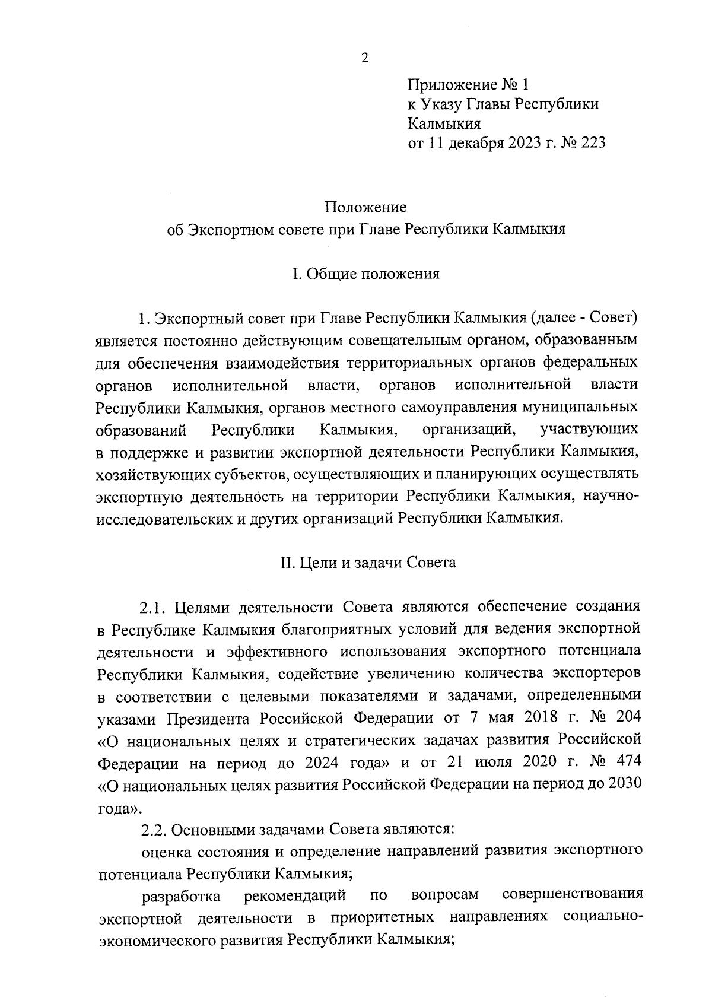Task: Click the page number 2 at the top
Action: (x=364, y=58)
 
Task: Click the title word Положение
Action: (x=365, y=207)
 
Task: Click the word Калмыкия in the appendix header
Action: (x=444, y=124)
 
